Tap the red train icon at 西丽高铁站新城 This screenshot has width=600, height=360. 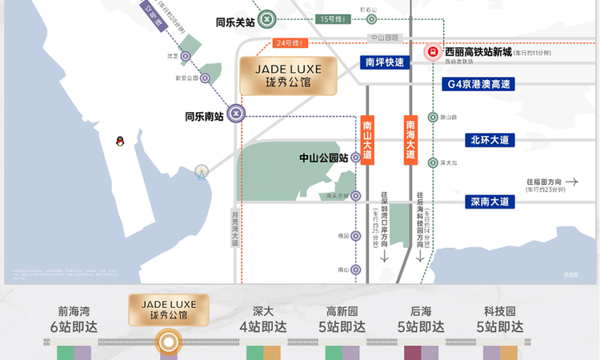[431, 52]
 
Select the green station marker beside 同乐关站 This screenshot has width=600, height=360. [269, 21]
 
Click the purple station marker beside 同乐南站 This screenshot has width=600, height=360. [236, 114]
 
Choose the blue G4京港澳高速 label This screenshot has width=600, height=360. [478, 83]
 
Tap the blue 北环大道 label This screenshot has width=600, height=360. [490, 140]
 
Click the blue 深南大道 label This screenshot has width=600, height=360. [490, 202]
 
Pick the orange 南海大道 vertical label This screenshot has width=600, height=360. [410, 140]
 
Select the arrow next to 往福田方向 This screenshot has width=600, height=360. [570, 182]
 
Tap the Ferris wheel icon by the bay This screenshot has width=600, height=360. [202, 171]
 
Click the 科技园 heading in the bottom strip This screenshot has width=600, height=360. [500, 311]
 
